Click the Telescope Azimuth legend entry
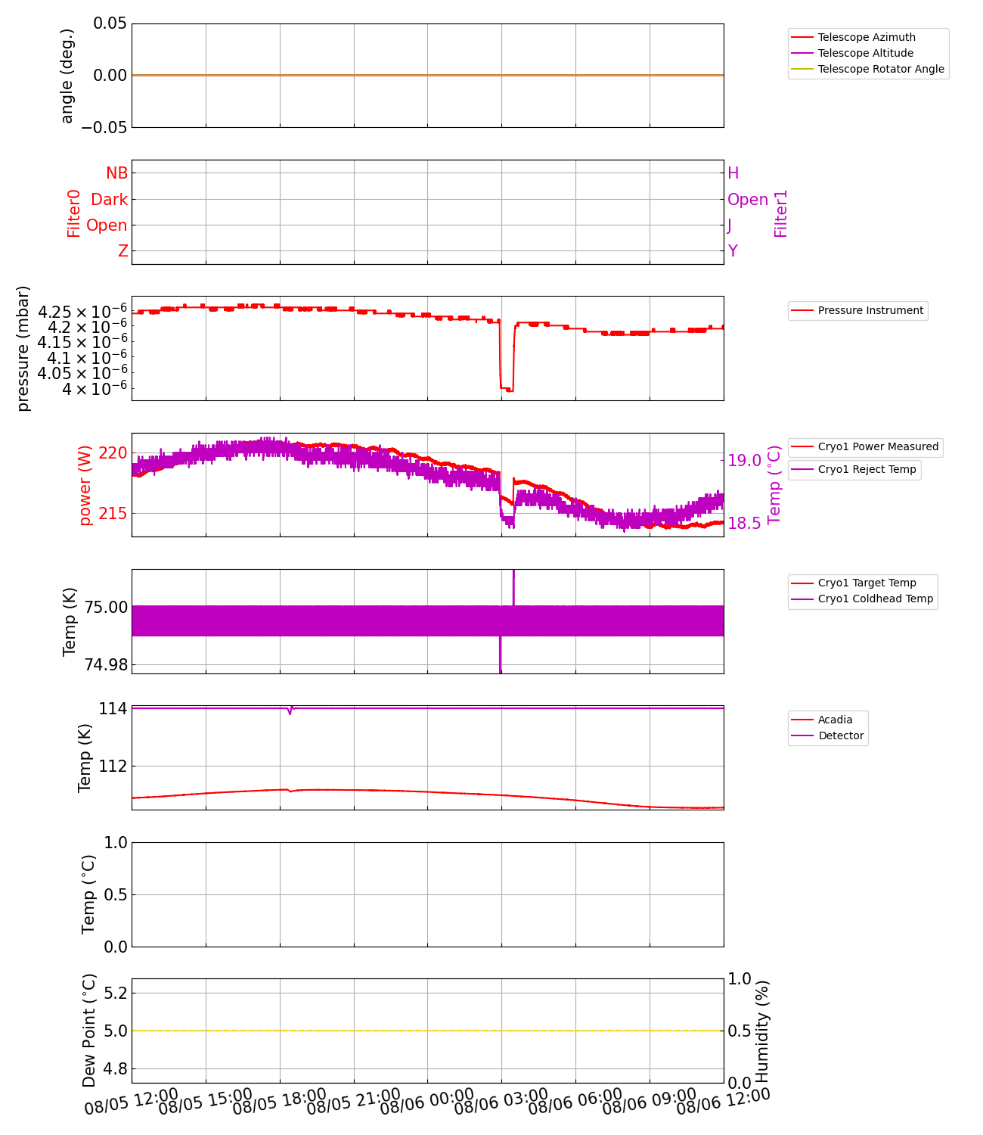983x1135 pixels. point(867,37)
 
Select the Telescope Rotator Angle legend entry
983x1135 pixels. point(881,69)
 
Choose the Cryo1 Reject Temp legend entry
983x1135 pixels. point(867,469)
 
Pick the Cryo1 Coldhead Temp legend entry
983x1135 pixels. point(875,599)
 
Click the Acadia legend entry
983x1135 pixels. point(835,720)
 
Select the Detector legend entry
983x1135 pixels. point(841,735)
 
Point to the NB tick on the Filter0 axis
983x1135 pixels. point(116,173)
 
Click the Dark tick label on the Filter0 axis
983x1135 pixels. point(110,200)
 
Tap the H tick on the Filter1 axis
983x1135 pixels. point(733,173)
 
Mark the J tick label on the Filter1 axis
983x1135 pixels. point(730,225)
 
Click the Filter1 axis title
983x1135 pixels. point(780,213)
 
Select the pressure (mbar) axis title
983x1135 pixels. point(23,348)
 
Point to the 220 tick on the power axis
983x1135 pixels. point(113,453)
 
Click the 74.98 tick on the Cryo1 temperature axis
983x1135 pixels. point(106,665)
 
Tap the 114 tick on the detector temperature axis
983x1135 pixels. point(113,709)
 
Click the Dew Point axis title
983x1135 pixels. point(89,1031)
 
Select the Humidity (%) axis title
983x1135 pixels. point(762,1031)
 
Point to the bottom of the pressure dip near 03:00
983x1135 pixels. point(507,390)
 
